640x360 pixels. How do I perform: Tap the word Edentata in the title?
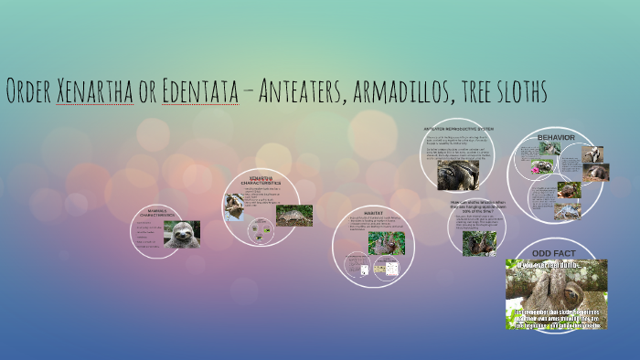click(x=197, y=91)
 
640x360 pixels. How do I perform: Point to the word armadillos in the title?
click(x=397, y=91)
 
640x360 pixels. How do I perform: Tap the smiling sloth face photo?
click(x=182, y=235)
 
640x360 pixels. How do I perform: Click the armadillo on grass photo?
click(x=294, y=216)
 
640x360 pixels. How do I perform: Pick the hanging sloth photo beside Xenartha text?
click(x=235, y=206)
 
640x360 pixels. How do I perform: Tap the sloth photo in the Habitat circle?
click(x=386, y=243)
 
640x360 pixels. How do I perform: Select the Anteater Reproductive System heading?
click(x=457, y=129)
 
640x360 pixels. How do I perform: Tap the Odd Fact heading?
click(x=556, y=252)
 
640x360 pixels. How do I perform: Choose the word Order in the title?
click(x=28, y=91)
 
